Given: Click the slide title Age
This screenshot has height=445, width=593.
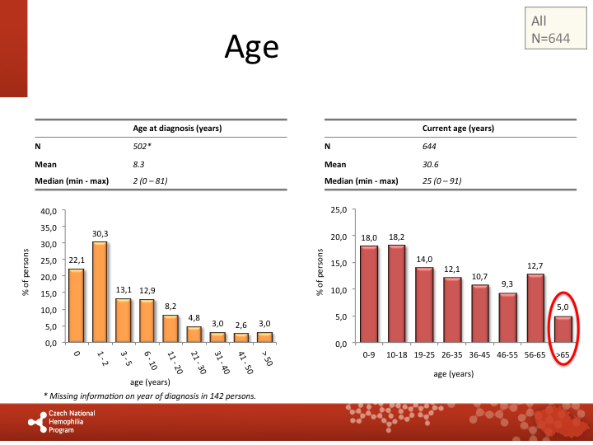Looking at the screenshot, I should point(251,47).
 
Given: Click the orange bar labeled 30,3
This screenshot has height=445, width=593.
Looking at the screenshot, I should point(100,292).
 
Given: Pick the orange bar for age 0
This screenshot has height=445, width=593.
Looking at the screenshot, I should point(76,305).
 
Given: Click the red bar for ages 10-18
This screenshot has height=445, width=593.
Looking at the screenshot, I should point(396,293).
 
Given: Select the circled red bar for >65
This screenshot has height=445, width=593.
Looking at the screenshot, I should point(563,328).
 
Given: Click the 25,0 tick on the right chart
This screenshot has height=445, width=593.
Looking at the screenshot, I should point(339,210).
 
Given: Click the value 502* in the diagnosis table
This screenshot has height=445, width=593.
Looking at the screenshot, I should point(143,146).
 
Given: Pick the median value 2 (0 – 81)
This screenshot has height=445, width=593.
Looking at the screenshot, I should point(151,180).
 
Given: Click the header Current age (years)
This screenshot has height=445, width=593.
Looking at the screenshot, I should point(458,129).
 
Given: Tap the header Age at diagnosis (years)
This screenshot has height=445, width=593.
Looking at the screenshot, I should point(177,129).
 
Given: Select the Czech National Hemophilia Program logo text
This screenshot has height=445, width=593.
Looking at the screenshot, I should point(72,421).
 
